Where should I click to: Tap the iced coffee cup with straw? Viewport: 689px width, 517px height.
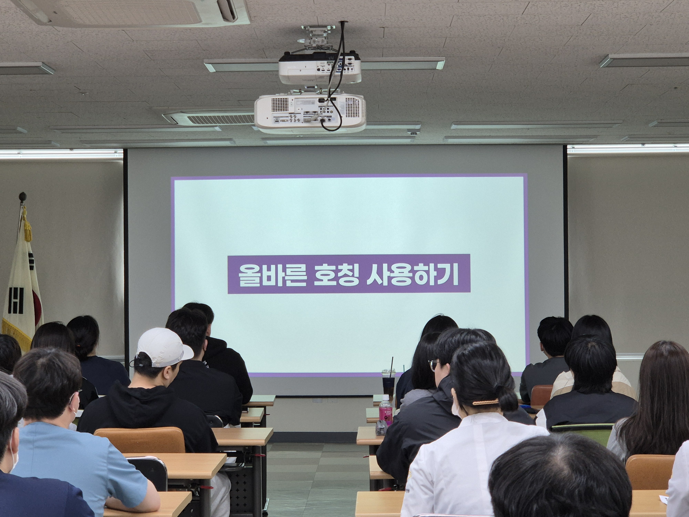(x=389, y=382)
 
